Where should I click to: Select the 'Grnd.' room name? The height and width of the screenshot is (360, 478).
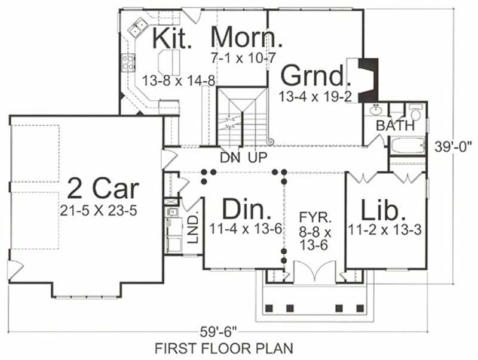(313, 76)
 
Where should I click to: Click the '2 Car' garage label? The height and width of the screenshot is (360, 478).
(103, 188)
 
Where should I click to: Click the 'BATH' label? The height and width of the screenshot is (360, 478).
(395, 126)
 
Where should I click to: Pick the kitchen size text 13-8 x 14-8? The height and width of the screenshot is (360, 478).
(179, 80)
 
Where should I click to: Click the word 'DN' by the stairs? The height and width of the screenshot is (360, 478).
(229, 158)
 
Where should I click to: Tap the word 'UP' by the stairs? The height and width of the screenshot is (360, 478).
(258, 158)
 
